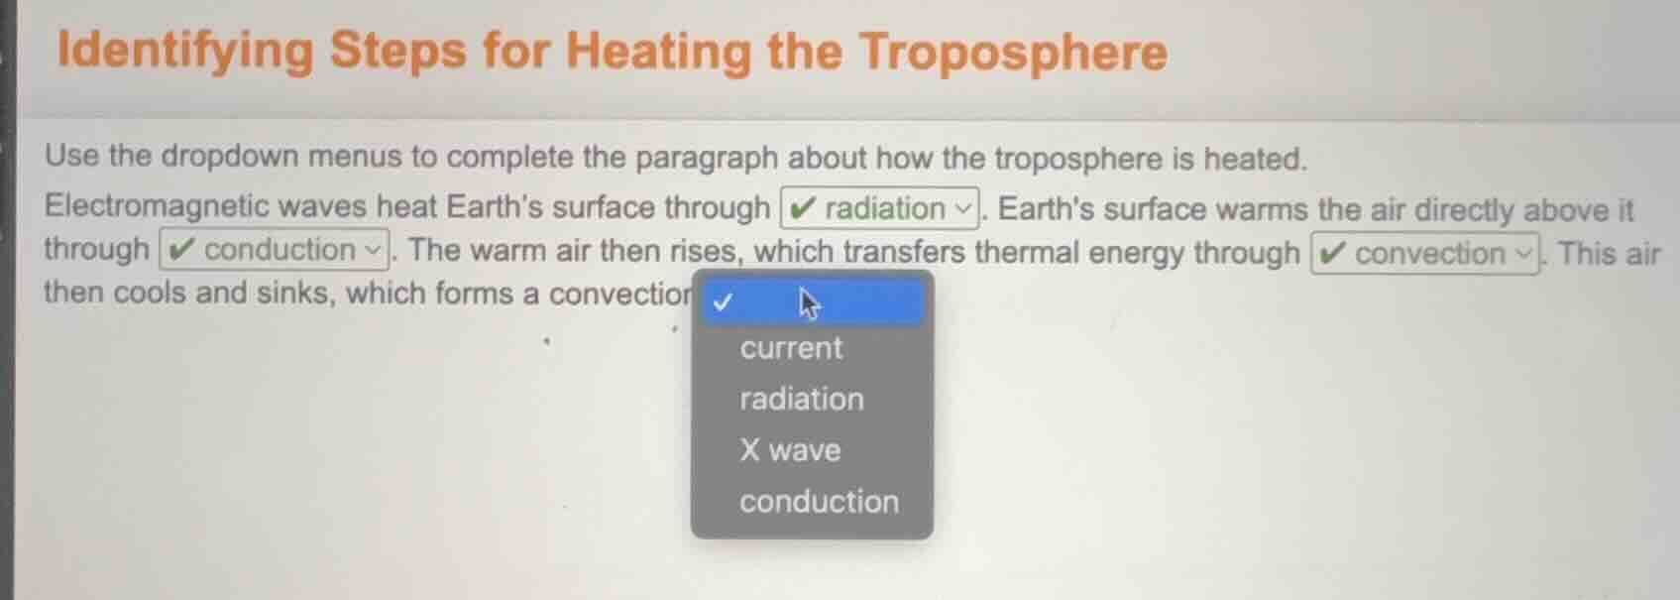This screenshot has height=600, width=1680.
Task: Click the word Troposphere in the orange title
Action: click(1013, 52)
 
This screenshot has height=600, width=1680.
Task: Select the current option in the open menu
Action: click(791, 348)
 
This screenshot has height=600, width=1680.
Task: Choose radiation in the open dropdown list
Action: click(801, 399)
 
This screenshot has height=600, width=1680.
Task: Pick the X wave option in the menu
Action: click(790, 450)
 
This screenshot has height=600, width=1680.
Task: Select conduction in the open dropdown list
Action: click(819, 502)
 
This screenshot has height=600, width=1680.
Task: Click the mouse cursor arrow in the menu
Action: click(809, 303)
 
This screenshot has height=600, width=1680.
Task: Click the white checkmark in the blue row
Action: click(723, 301)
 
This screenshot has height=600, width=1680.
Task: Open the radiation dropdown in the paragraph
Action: click(880, 208)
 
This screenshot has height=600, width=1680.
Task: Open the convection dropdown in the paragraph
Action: click(1425, 254)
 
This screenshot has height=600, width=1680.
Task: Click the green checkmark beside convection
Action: click(1334, 254)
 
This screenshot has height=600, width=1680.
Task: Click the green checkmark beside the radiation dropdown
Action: click(804, 208)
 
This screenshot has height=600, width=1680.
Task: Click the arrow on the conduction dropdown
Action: click(374, 250)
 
